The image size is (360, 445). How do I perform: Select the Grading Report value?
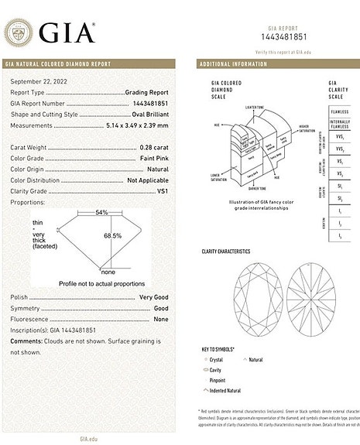tap(146, 91)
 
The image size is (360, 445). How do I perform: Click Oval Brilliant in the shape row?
tap(147, 113)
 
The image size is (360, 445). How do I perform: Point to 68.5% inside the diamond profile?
tap(113, 235)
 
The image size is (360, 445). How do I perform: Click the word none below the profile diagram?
tap(107, 272)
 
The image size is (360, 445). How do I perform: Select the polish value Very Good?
tap(153, 297)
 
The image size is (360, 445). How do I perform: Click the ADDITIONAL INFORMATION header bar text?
tap(233, 63)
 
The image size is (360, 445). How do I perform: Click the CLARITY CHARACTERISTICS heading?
tap(226, 252)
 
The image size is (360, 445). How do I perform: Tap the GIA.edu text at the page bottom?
tap(88, 438)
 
